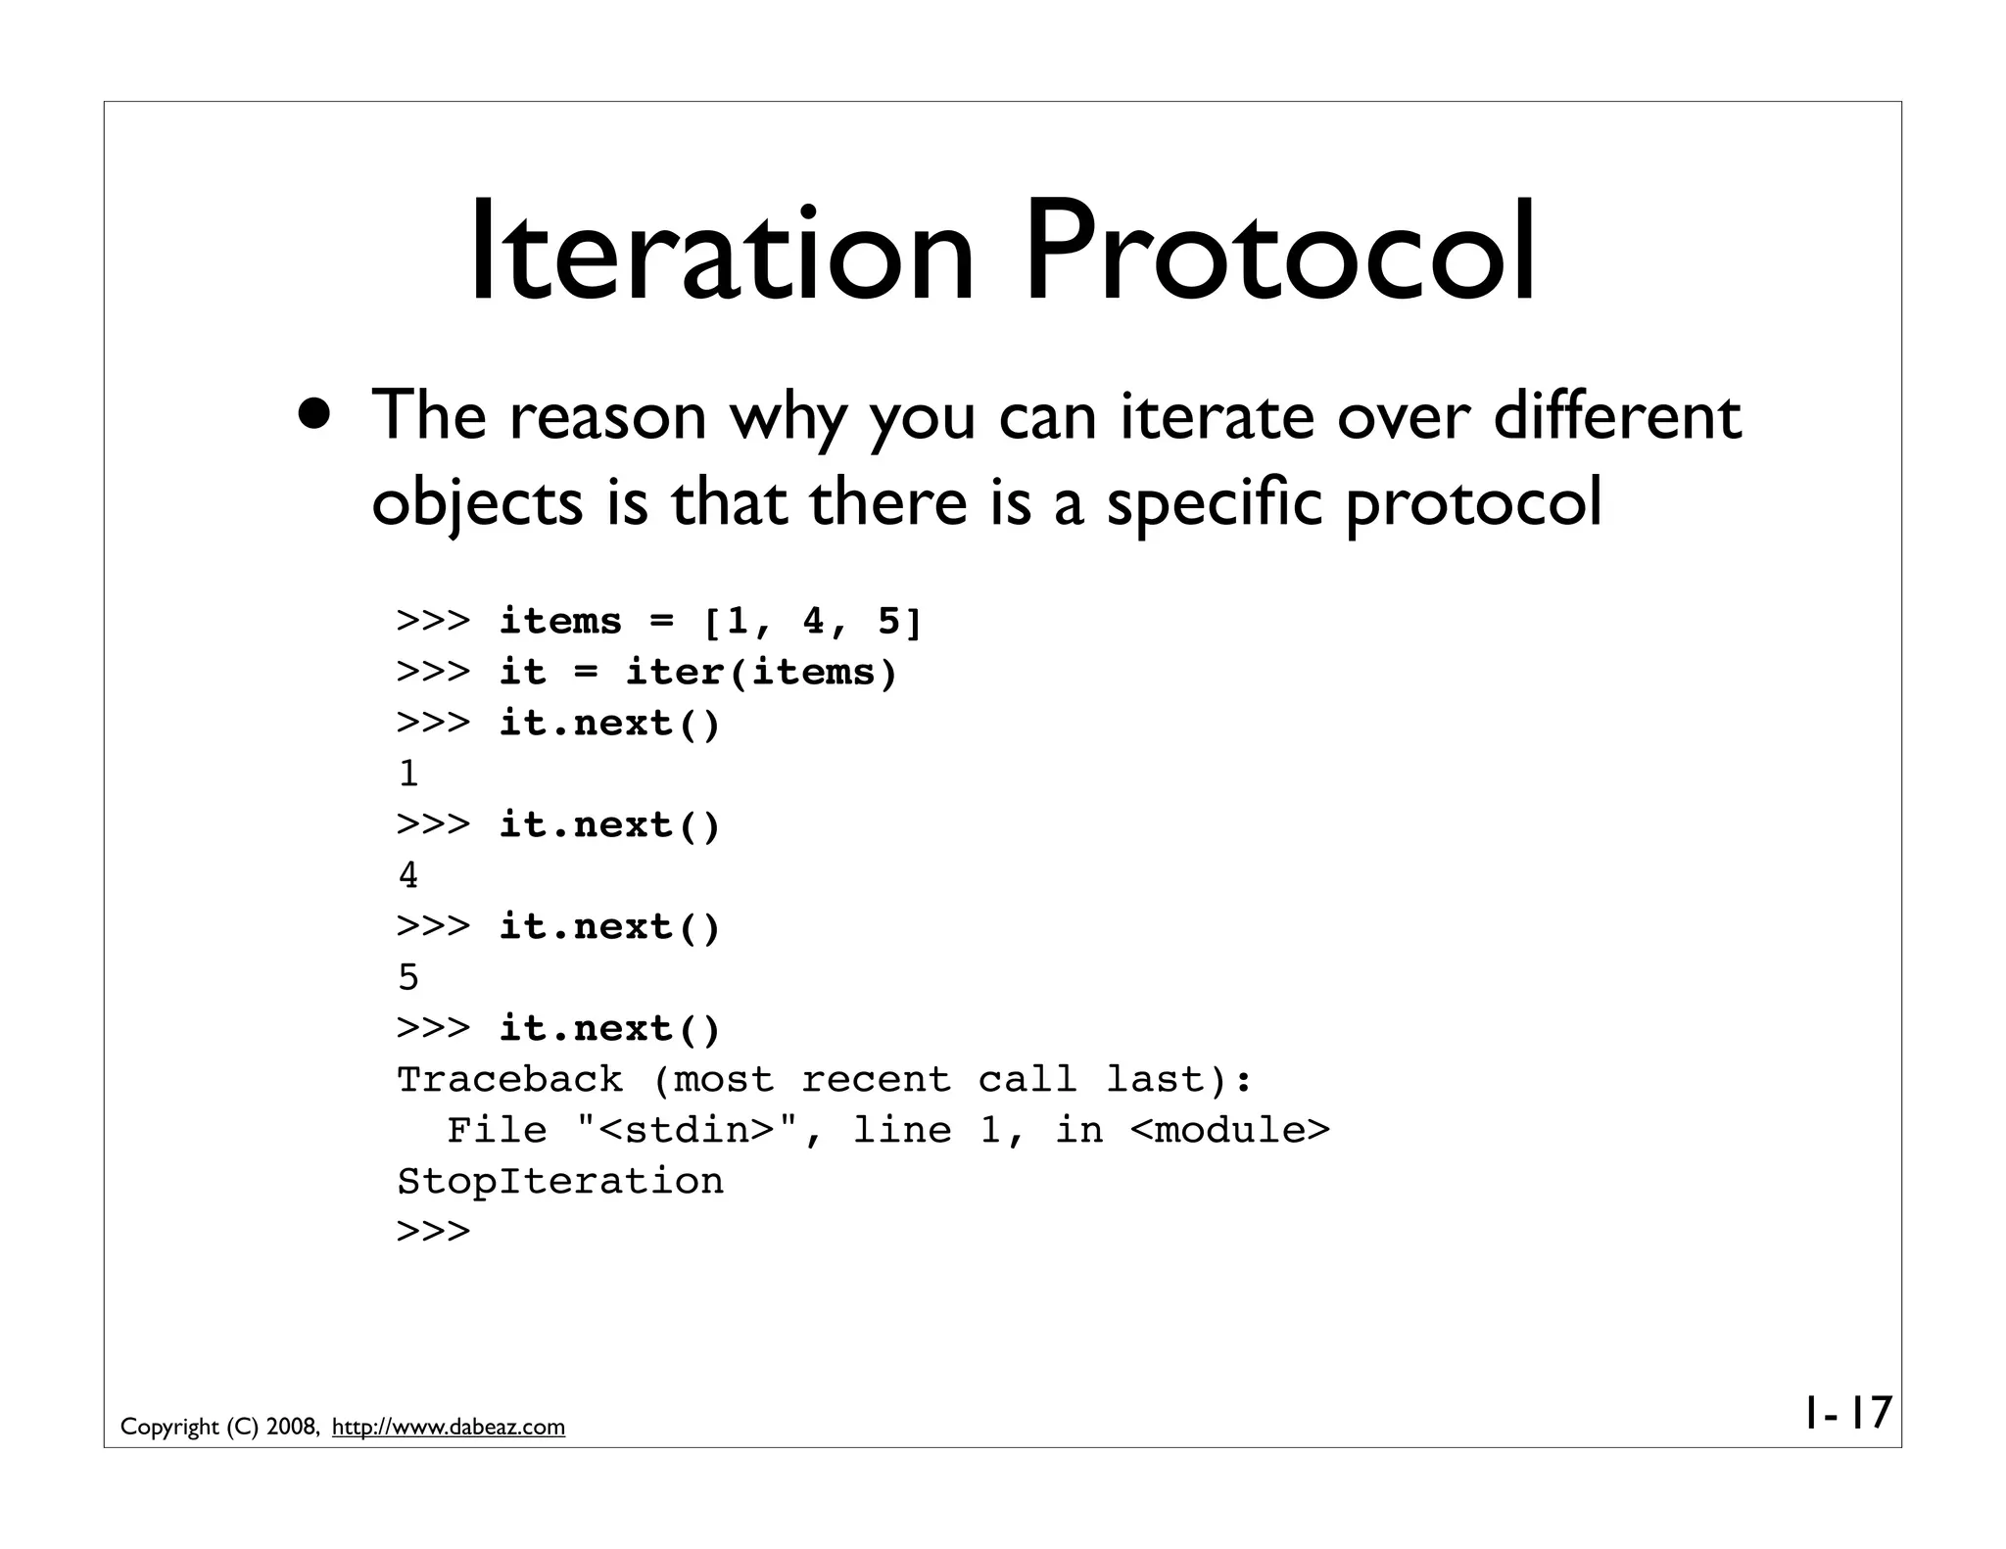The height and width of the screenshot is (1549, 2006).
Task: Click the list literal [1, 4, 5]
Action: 812,622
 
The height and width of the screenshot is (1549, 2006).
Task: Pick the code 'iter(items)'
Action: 761,673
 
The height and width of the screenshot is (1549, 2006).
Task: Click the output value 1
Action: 408,774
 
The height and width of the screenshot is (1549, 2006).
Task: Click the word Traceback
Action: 509,1080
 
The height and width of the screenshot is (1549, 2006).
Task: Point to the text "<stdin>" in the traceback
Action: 687,1131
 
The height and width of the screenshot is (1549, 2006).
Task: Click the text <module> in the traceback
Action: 1230,1131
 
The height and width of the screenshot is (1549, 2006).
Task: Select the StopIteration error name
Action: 560,1182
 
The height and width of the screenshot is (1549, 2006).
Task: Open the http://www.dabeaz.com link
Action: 449,1428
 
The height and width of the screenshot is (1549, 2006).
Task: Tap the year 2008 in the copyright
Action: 290,1428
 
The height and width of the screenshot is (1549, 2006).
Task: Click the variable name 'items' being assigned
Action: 560,622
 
